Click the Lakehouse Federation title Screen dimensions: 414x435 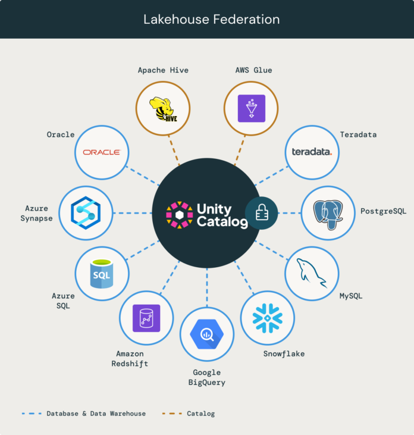(x=212, y=20)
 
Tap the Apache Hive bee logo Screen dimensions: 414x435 (x=164, y=109)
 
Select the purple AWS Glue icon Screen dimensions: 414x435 (x=252, y=108)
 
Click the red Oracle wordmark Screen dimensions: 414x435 (x=102, y=152)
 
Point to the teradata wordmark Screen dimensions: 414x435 (x=312, y=152)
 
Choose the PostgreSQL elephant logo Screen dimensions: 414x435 (x=328, y=215)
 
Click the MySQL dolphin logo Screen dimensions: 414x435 (x=312, y=273)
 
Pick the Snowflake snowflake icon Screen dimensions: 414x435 (x=268, y=318)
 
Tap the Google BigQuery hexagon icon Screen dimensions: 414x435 (x=207, y=334)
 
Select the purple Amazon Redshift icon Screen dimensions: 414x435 (x=146, y=318)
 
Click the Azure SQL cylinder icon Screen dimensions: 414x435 (x=102, y=274)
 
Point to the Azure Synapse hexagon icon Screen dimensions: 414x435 (x=86, y=213)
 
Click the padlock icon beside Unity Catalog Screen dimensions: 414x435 (x=262, y=213)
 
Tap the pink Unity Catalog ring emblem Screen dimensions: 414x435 (x=180, y=215)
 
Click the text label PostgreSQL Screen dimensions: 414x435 (x=383, y=211)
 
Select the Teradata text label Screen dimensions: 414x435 (x=358, y=134)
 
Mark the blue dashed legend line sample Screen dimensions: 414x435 (x=32, y=414)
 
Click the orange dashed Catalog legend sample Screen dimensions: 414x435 (x=172, y=414)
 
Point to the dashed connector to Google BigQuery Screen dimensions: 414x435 (x=207, y=287)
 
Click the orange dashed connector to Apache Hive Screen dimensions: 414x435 (x=174, y=151)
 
